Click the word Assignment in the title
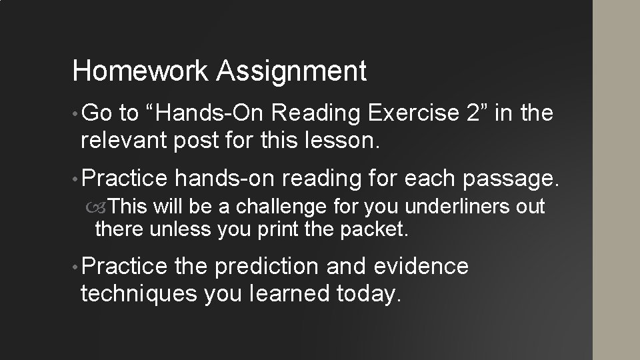click(x=291, y=71)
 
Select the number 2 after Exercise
click(x=473, y=113)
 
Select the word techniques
click(x=139, y=294)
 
